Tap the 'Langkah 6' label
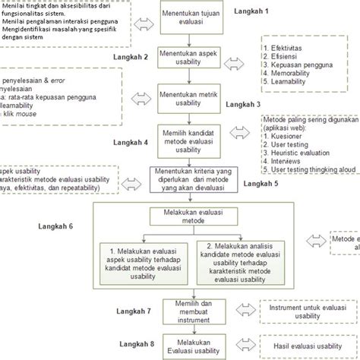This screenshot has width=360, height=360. coord(55,226)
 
